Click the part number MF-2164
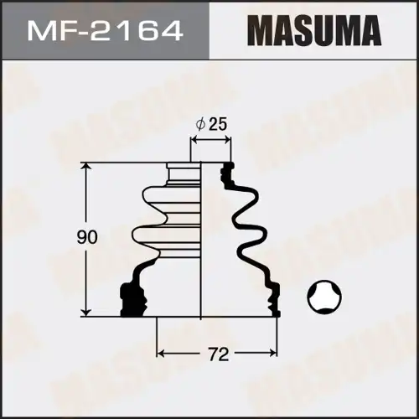[104, 31]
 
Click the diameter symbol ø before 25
[200, 124]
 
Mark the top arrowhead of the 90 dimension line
[85, 166]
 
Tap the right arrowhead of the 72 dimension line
[274, 351]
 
